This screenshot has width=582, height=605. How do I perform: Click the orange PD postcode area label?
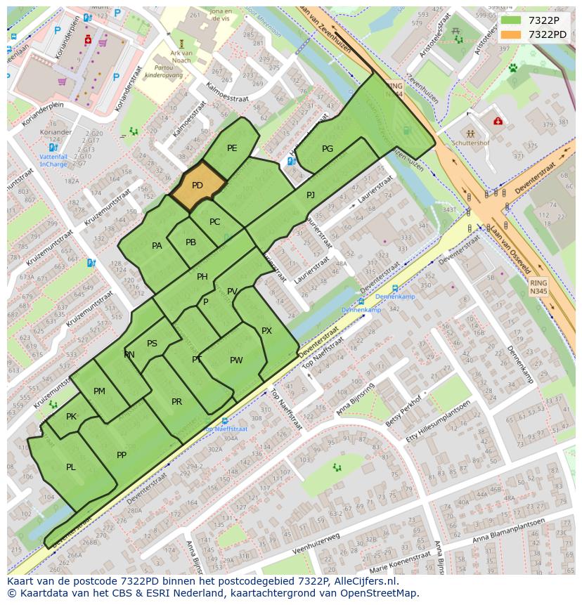point(198,186)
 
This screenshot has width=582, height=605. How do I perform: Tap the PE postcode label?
point(232,148)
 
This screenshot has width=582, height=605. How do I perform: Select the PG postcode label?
point(328,149)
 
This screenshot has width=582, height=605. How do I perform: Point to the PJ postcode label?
point(311,195)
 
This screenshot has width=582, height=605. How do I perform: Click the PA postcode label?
point(157,246)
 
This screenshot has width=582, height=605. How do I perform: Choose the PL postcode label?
point(71,467)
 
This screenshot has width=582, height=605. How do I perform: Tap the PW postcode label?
point(236,360)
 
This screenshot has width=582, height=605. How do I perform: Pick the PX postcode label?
point(266,331)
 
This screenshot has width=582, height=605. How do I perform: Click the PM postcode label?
point(99,391)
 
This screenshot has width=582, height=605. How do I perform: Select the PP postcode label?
point(122,455)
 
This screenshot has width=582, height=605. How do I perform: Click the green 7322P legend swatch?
point(511,20)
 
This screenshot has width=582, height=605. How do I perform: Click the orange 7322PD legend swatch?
point(511,34)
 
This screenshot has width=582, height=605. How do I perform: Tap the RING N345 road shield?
point(538,286)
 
